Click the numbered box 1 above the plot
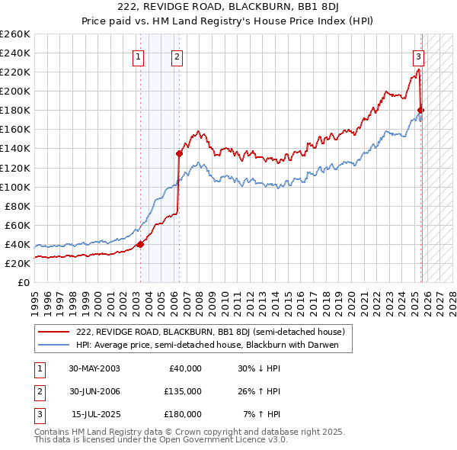[139, 56]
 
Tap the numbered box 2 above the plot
[177, 56]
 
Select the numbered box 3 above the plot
[418, 56]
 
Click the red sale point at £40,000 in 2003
[140, 244]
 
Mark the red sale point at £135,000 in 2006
[180, 153]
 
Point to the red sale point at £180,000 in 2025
[421, 111]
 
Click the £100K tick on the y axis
[16, 187]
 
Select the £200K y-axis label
[16, 91]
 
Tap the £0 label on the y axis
[24, 282]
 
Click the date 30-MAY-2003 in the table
[94, 368]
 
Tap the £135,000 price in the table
[182, 391]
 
